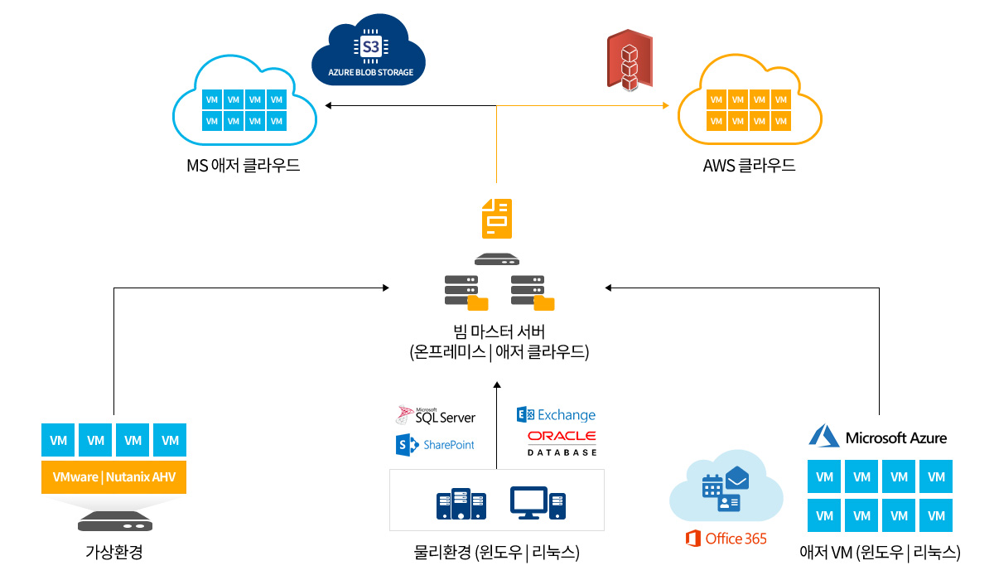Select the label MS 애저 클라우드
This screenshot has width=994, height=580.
[244, 166]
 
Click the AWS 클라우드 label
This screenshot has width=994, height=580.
[749, 166]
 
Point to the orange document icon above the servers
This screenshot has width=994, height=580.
[497, 220]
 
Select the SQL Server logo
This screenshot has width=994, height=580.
[436, 415]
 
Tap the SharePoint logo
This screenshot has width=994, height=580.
[436, 445]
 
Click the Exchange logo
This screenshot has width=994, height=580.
[556, 414]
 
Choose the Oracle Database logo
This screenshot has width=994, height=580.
[562, 442]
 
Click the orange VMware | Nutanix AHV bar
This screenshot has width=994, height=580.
[114, 477]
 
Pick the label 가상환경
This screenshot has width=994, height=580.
[114, 552]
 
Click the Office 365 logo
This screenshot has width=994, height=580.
[726, 539]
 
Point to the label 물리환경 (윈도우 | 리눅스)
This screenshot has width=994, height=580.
[496, 552]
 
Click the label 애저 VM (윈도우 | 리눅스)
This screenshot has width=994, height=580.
[880, 552]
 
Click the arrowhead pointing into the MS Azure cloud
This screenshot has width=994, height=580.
[329, 106]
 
